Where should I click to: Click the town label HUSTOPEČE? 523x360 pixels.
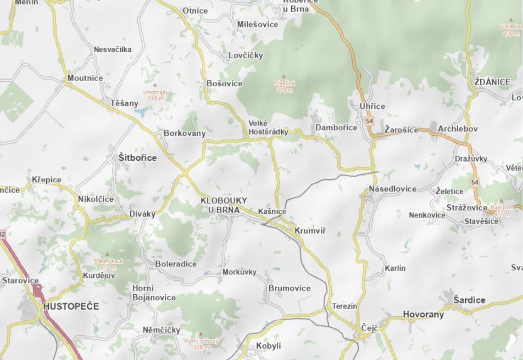coord(71,306)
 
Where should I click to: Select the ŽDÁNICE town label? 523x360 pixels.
coord(492,82)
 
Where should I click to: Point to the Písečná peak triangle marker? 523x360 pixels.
coord(284,76)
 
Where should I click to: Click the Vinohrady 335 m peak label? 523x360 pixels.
coord(156,95)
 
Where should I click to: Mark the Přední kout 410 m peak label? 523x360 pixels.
coord(108,264)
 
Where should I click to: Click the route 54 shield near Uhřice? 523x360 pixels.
coord(370,121)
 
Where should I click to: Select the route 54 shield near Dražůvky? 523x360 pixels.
coord(474,182)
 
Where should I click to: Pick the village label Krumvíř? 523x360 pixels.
coord(310,231)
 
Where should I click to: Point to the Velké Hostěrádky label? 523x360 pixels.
coord(268,127)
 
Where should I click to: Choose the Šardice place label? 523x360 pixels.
coord(469,300)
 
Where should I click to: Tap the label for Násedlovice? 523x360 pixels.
coord(392,189)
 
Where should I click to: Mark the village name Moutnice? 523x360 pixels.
coord(85,78)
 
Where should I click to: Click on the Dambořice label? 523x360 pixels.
coord(336,128)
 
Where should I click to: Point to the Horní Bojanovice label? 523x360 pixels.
coord(153,293)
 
